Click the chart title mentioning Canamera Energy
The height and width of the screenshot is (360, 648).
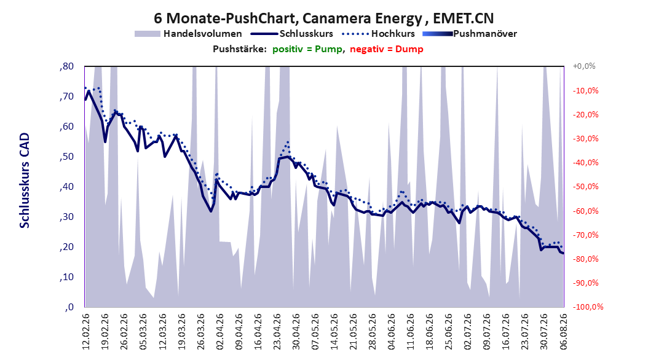[323, 18]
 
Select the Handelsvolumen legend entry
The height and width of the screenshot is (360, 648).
[188, 34]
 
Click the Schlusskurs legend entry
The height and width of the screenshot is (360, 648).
[292, 34]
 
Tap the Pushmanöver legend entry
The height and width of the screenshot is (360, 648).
[470, 34]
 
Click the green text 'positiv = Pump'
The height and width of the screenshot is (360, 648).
[307, 49]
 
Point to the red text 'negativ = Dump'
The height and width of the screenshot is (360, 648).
[387, 49]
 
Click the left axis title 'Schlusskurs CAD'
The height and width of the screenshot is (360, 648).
[25, 181]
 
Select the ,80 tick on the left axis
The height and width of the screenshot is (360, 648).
[66, 66]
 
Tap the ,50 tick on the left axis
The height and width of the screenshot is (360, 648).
[66, 157]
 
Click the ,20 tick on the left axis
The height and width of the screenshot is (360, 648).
[66, 248]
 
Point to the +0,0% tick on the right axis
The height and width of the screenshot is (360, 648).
[584, 66]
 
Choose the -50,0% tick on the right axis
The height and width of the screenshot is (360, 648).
[585, 187]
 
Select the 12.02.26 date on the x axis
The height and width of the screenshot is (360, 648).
[86, 332]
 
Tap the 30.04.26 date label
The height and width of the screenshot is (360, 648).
[296, 332]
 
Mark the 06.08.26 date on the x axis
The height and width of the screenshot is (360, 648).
[563, 332]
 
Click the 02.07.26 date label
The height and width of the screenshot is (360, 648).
[468, 332]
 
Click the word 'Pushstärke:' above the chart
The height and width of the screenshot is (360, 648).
[240, 49]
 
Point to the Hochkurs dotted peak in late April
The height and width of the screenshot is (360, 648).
[287, 143]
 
